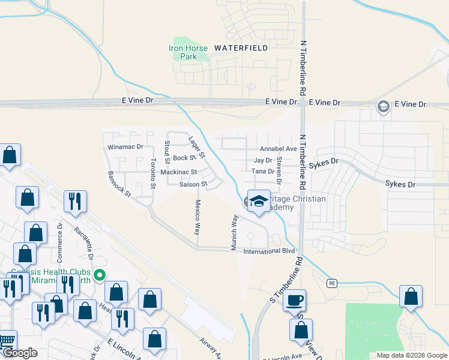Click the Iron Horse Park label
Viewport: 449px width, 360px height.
pyautogui.click(x=188, y=52)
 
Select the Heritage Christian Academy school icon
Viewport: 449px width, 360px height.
pyautogui.click(x=259, y=202)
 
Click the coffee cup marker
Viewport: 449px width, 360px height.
pyautogui.click(x=294, y=299)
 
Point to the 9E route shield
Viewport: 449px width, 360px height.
pyautogui.click(x=332, y=283)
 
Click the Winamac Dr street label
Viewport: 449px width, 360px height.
pyautogui.click(x=125, y=146)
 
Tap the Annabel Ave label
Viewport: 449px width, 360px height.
pyautogui.click(x=278, y=149)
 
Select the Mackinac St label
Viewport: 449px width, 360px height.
pyautogui.click(x=178, y=172)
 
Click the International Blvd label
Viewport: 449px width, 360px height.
pyautogui.click(x=269, y=251)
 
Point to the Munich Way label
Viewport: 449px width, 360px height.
pyautogui.click(x=235, y=232)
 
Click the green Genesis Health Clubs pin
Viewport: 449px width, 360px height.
pyautogui.click(x=101, y=275)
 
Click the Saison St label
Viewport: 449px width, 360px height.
pyautogui.click(x=193, y=184)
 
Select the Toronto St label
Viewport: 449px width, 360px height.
pyautogui.click(x=153, y=173)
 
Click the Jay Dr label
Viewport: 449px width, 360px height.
pyautogui.click(x=263, y=161)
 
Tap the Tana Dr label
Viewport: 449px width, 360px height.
pyautogui.click(x=262, y=172)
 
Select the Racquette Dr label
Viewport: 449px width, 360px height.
pyautogui.click(x=83, y=242)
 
